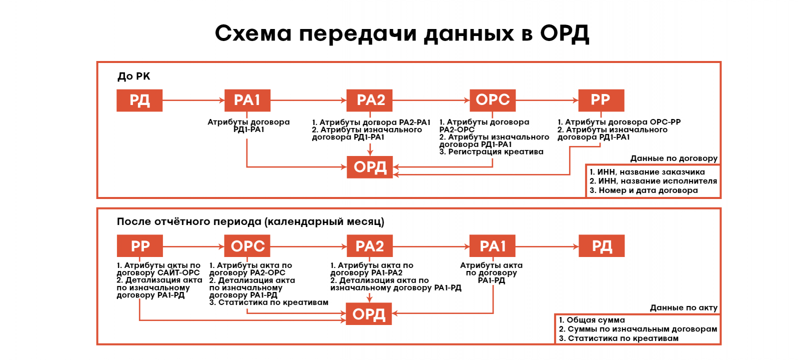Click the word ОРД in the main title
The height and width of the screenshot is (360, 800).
pyautogui.click(x=564, y=34)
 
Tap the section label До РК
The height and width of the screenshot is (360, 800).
pyautogui.click(x=133, y=76)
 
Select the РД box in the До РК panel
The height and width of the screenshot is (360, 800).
pyautogui.click(x=139, y=100)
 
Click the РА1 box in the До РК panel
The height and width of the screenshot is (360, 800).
pyautogui.click(x=247, y=100)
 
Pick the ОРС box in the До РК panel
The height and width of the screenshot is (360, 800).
pyautogui.click(x=492, y=100)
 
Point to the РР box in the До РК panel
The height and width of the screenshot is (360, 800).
pyautogui.click(x=601, y=100)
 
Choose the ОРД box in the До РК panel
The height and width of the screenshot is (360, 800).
pyautogui.click(x=370, y=167)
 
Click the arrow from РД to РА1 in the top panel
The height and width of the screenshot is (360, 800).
pyautogui.click(x=193, y=100)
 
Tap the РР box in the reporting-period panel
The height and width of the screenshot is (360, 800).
pyautogui.click(x=140, y=246)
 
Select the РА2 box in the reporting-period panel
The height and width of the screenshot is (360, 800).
pyautogui.click(x=370, y=246)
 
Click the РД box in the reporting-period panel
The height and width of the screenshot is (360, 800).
pyautogui.click(x=601, y=246)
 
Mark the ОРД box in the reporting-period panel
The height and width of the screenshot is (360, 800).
pyautogui.click(x=369, y=314)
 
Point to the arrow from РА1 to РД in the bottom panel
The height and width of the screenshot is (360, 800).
pyautogui.click(x=546, y=246)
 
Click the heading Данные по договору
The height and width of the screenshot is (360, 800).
pyautogui.click(x=673, y=158)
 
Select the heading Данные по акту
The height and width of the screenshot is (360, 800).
pyautogui.click(x=683, y=308)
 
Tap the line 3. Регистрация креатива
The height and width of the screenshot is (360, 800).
pyautogui.click(x=491, y=151)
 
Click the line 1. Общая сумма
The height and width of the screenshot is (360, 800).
pyautogui.click(x=592, y=320)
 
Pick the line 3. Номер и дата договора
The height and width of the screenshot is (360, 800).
pyautogui.click(x=643, y=190)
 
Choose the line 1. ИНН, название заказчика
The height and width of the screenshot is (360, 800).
pyautogui.click(x=647, y=172)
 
